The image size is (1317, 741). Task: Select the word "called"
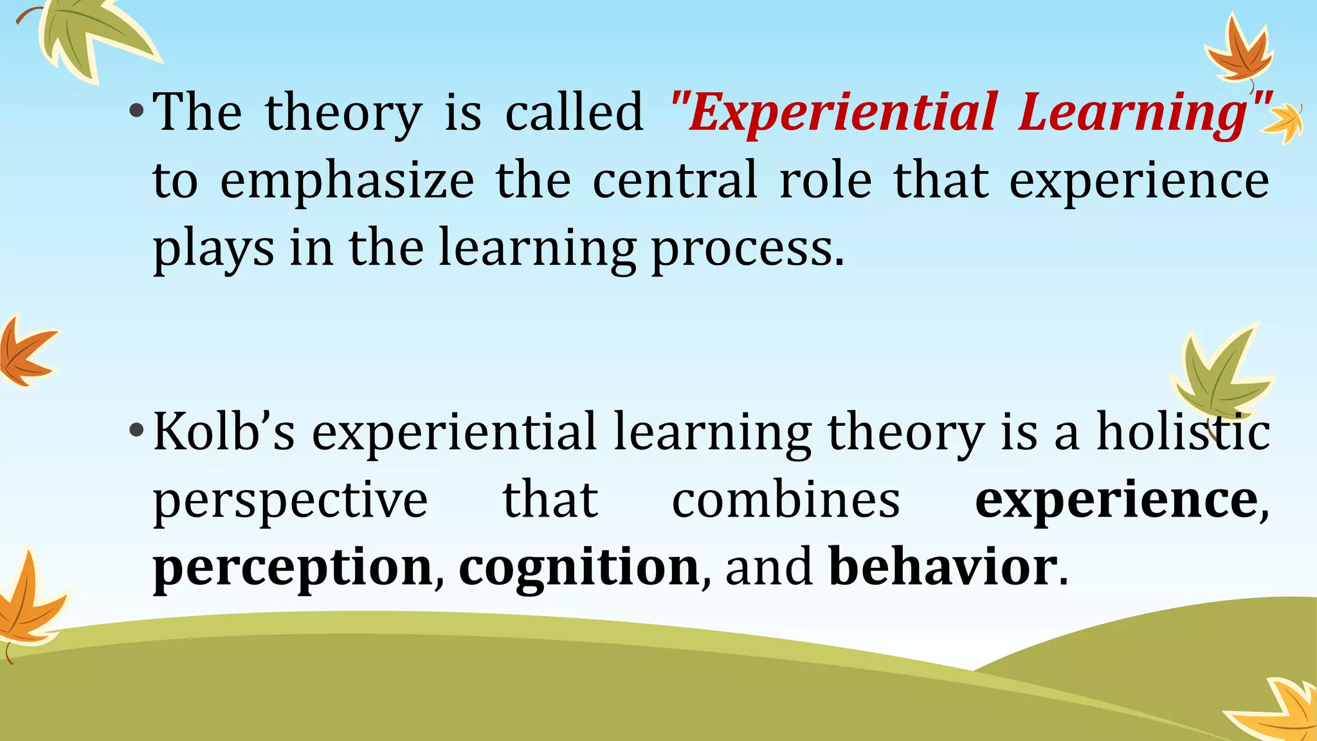(574, 112)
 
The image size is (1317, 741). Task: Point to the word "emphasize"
(347, 181)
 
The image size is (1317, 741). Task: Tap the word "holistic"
(1183, 432)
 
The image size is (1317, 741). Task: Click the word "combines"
(785, 500)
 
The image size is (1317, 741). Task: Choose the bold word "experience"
(1116, 500)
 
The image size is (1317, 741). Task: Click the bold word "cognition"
(579, 567)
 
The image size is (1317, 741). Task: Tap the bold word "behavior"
(942, 567)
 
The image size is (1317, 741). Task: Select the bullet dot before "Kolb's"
(136, 430)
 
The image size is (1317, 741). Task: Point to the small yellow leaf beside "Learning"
(1284, 123)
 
